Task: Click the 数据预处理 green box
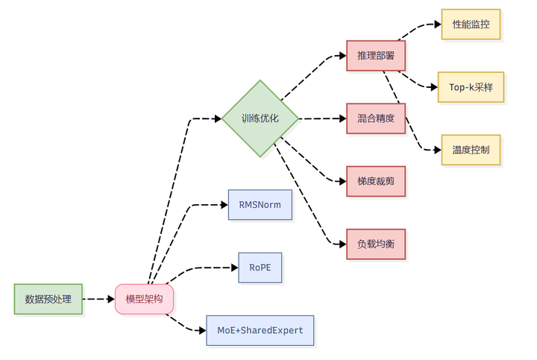tap(48, 299)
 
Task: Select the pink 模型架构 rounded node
tap(144, 299)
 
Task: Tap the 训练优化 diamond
tap(260, 119)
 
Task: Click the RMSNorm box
tap(260, 205)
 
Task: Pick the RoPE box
tap(260, 268)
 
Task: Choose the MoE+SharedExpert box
tap(260, 331)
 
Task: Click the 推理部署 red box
tap(376, 56)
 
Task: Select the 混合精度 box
tap(376, 119)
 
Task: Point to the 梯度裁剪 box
tap(376, 181)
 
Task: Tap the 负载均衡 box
tap(376, 244)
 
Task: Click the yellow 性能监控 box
tap(471, 25)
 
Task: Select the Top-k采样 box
tap(471, 87)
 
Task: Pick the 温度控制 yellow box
tap(471, 150)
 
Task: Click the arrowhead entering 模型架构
tap(111, 299)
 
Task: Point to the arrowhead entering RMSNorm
tap(224, 205)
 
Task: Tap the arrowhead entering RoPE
tap(235, 268)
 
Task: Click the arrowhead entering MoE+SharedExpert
tap(202, 331)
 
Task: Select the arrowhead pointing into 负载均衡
tap(342, 244)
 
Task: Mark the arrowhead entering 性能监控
tap(438, 25)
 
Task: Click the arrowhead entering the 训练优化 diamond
tap(218, 119)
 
